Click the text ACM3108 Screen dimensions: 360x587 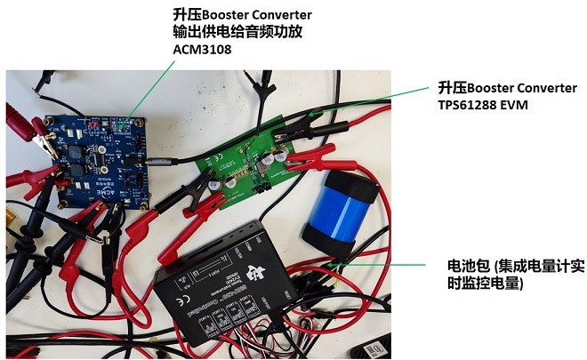[200, 50]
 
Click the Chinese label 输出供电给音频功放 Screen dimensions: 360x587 [240, 33]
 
